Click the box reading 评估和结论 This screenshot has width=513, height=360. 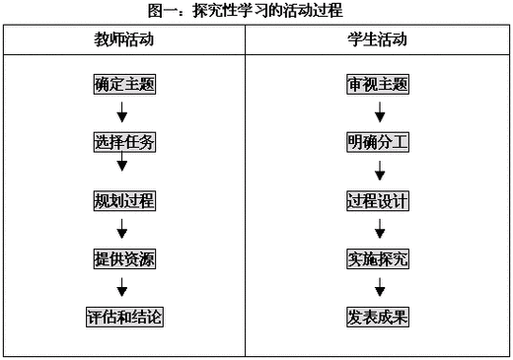122,318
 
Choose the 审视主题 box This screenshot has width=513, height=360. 378,83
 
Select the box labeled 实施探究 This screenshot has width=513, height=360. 378,259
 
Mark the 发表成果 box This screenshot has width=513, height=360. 378,318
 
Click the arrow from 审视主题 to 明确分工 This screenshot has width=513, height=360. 379,110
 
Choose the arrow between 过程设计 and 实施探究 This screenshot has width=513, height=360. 379,229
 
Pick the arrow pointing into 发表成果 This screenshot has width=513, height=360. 379,287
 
